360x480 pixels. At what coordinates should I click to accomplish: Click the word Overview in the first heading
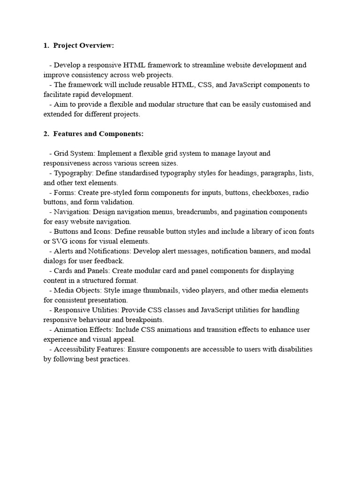pyautogui.click(x=97, y=45)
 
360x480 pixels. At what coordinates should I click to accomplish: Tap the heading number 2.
pyautogui.click(x=46, y=134)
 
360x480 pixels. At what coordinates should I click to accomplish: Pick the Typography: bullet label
pyautogui.click(x=74, y=173)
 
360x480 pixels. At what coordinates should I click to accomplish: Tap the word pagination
pyautogui.click(x=254, y=212)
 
